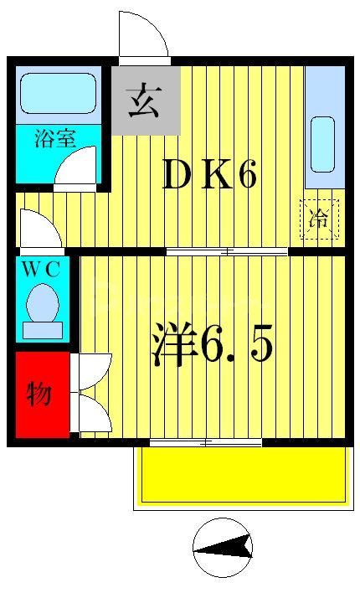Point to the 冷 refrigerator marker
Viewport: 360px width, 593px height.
tap(320, 220)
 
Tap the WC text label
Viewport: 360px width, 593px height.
tap(41, 270)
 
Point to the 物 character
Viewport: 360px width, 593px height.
tap(39, 394)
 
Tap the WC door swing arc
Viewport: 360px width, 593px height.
tap(40, 231)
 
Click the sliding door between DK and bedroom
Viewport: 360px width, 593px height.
tap(227, 251)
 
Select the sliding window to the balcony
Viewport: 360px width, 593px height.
tap(206, 441)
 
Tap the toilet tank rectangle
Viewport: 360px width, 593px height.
tap(42, 330)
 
